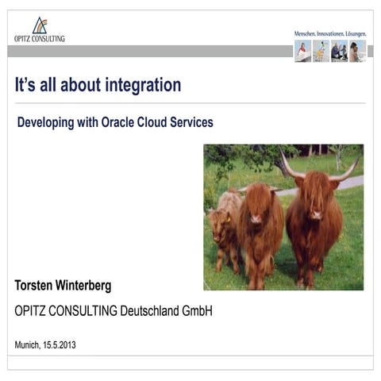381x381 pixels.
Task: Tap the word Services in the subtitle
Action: click(193, 123)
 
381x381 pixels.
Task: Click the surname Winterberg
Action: click(87, 286)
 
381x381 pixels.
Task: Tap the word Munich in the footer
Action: click(28, 344)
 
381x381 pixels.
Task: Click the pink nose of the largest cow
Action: click(317, 212)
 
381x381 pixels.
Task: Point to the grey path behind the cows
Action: click(349, 183)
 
